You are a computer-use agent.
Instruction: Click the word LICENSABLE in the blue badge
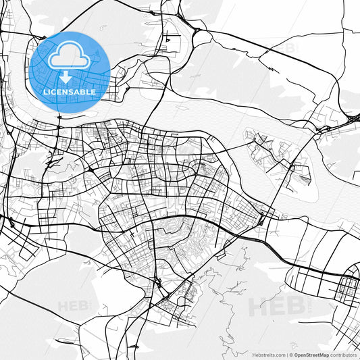(70, 92)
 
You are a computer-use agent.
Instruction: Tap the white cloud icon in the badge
(70, 57)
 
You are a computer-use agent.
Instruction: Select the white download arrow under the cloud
(70, 76)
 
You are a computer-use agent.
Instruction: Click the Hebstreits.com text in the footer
(267, 354)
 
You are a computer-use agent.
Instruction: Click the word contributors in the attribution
(343, 354)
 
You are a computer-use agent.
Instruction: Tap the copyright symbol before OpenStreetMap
(291, 354)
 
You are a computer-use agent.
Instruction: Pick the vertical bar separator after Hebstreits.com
(286, 354)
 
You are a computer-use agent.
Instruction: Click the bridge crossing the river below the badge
(59, 114)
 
